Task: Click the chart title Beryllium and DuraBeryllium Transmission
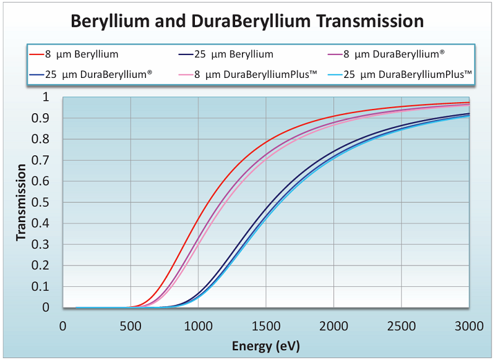coord(247,21)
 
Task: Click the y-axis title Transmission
coord(21,202)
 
